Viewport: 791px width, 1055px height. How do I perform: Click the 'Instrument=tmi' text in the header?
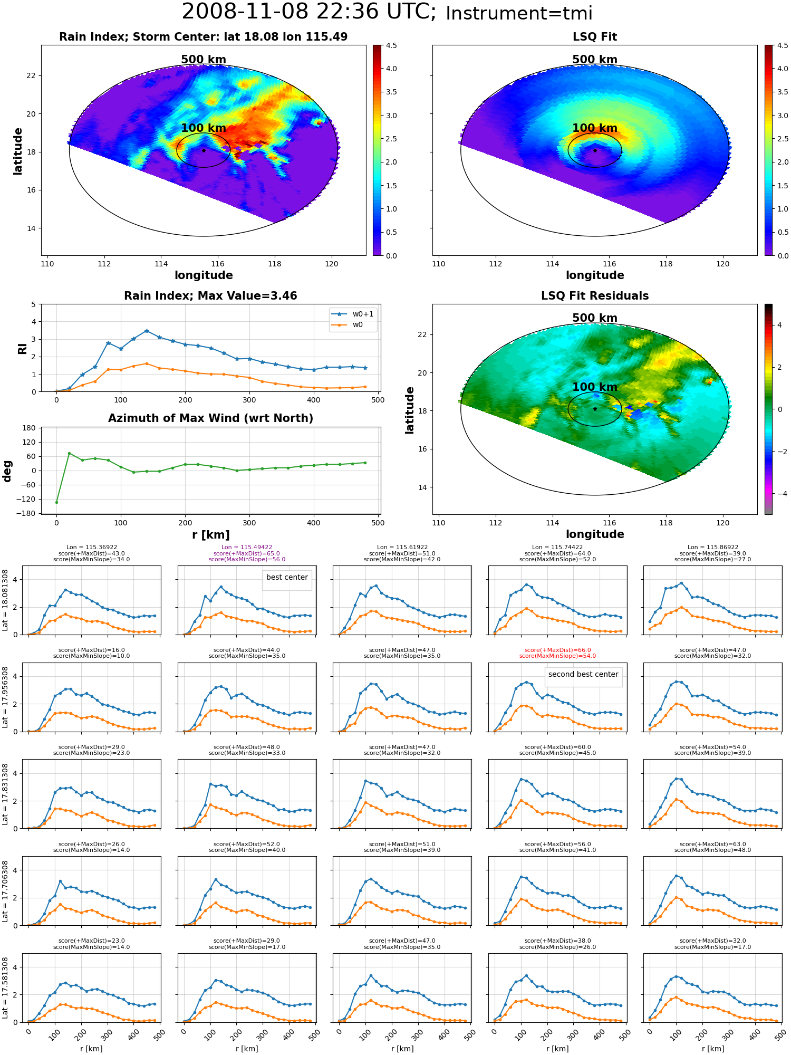[519, 14]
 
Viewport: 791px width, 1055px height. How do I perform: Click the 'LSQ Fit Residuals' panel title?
[595, 296]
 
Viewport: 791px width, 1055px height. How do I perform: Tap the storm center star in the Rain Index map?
[204, 150]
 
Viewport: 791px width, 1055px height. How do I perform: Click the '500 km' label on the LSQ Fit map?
[595, 60]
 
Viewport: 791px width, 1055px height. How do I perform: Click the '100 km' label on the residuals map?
[595, 387]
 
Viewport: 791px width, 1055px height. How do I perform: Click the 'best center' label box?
[287, 578]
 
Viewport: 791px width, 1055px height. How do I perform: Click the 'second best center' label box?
[583, 675]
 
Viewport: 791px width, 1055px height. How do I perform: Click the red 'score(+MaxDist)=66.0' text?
[557, 650]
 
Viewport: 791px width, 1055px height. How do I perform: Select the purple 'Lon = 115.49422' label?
[247, 548]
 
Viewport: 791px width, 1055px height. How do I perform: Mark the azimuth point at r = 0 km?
[56, 502]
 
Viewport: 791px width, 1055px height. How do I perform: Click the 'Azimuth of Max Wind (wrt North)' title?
[210, 418]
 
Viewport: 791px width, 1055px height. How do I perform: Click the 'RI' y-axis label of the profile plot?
[22, 348]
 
